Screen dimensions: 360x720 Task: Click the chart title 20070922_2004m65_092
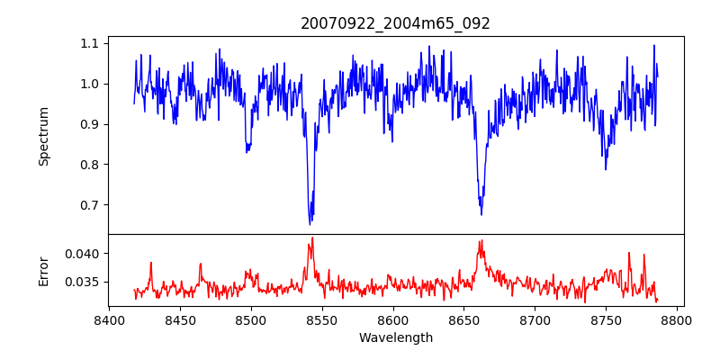[x=395, y=23]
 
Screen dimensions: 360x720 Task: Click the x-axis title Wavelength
[x=395, y=338]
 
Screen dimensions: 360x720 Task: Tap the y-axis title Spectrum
[x=43, y=136]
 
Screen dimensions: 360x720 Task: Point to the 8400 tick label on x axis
[x=109, y=319]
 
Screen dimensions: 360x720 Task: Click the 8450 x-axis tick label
[x=180, y=319]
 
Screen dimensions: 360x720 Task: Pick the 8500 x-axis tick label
[x=251, y=319]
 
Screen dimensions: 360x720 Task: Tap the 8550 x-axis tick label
[x=322, y=319]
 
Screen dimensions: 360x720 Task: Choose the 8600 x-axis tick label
[x=393, y=319]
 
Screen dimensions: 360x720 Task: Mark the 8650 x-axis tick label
[x=464, y=319]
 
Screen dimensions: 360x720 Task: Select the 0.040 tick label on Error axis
[x=84, y=254]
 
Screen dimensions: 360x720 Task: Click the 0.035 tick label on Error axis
[x=84, y=282]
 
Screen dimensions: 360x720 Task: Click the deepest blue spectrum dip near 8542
[x=310, y=223]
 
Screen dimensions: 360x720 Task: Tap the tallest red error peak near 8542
[x=312, y=238]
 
